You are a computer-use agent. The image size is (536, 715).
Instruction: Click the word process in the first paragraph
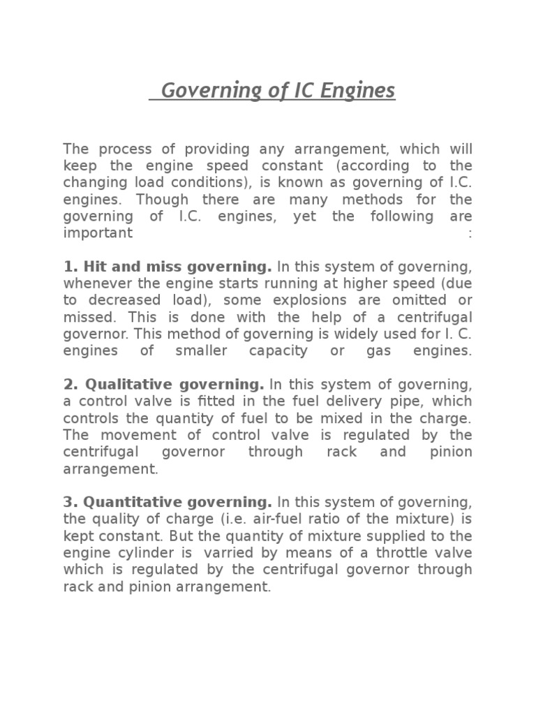122,149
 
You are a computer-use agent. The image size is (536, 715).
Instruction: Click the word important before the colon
98,233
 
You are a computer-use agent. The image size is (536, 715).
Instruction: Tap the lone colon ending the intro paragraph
470,233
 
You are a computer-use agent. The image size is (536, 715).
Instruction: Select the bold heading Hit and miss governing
167,266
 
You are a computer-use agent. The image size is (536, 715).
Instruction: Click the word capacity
278,351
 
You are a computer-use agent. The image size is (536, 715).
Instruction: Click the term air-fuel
285,519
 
